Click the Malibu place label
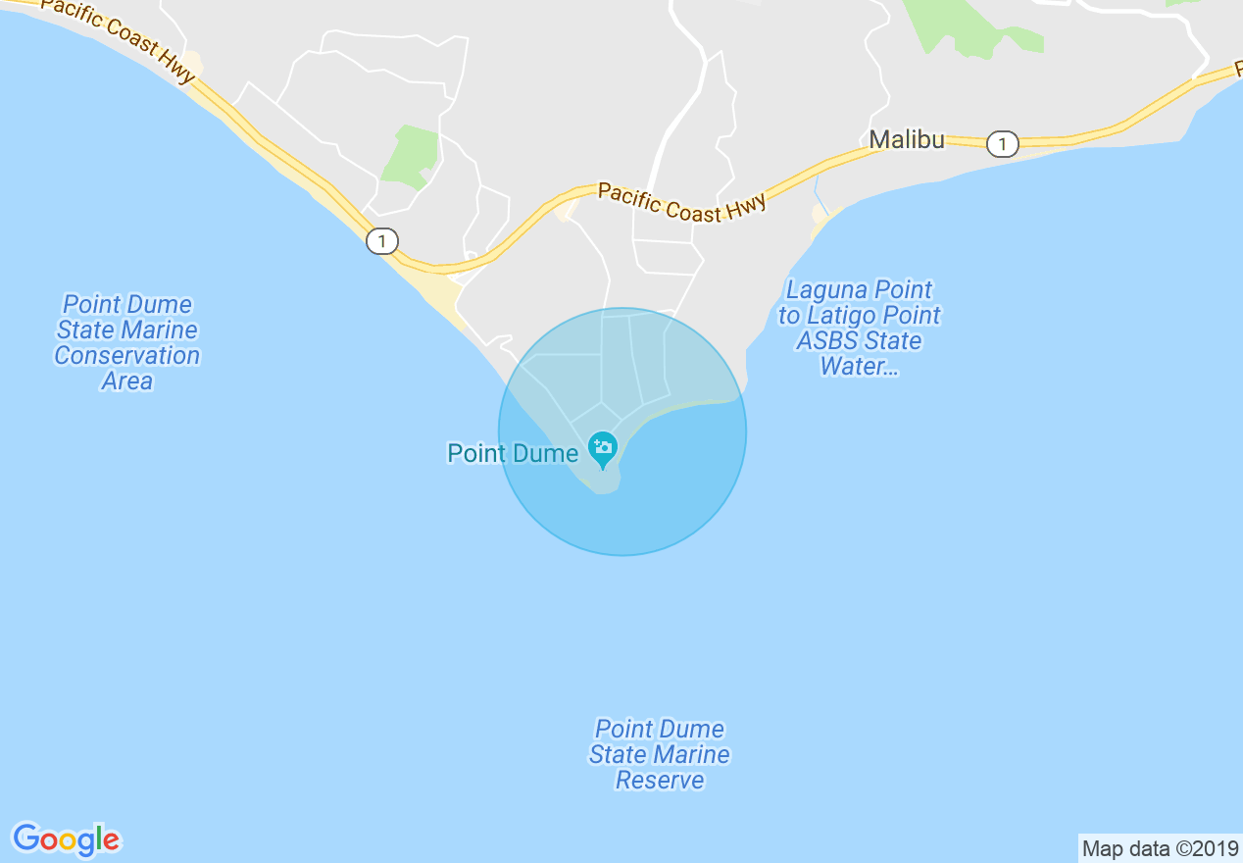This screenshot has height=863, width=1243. coord(907,140)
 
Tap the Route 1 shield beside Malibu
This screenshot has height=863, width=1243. coord(1002,144)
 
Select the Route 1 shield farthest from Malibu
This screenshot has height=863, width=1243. coord(382,240)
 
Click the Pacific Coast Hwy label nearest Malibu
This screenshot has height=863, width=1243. coord(681,202)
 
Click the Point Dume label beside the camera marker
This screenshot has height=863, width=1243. coord(513,453)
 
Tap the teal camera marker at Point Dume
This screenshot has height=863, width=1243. coord(602,448)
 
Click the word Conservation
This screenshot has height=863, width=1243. coord(127,355)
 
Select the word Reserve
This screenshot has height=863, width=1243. coord(660,780)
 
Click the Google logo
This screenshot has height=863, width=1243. coord(67,839)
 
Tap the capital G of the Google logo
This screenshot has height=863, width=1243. coord(26,838)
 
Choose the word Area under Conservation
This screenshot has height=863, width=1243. coord(127,381)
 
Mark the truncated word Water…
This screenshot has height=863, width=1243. coord(860,366)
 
